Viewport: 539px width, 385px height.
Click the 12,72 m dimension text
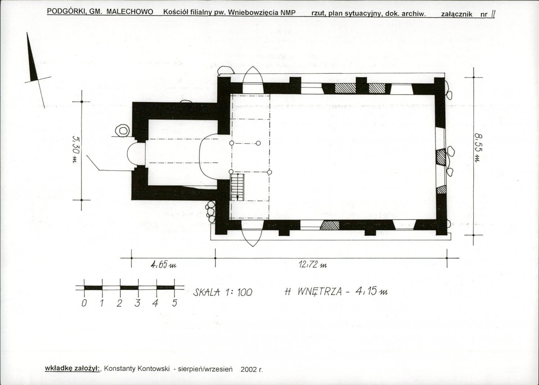point(313,265)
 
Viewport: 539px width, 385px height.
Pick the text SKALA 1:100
point(223,292)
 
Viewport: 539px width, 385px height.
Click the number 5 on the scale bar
point(175,303)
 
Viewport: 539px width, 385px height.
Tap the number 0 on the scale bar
point(84,303)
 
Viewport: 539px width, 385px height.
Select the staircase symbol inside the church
point(237,187)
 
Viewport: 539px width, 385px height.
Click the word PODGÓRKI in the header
point(66,11)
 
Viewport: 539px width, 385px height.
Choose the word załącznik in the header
point(457,14)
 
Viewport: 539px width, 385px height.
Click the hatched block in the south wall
point(330,226)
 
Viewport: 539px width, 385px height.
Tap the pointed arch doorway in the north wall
point(253,79)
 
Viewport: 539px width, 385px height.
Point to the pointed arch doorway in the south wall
point(252,234)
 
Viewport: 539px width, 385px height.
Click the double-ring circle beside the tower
point(122,131)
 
